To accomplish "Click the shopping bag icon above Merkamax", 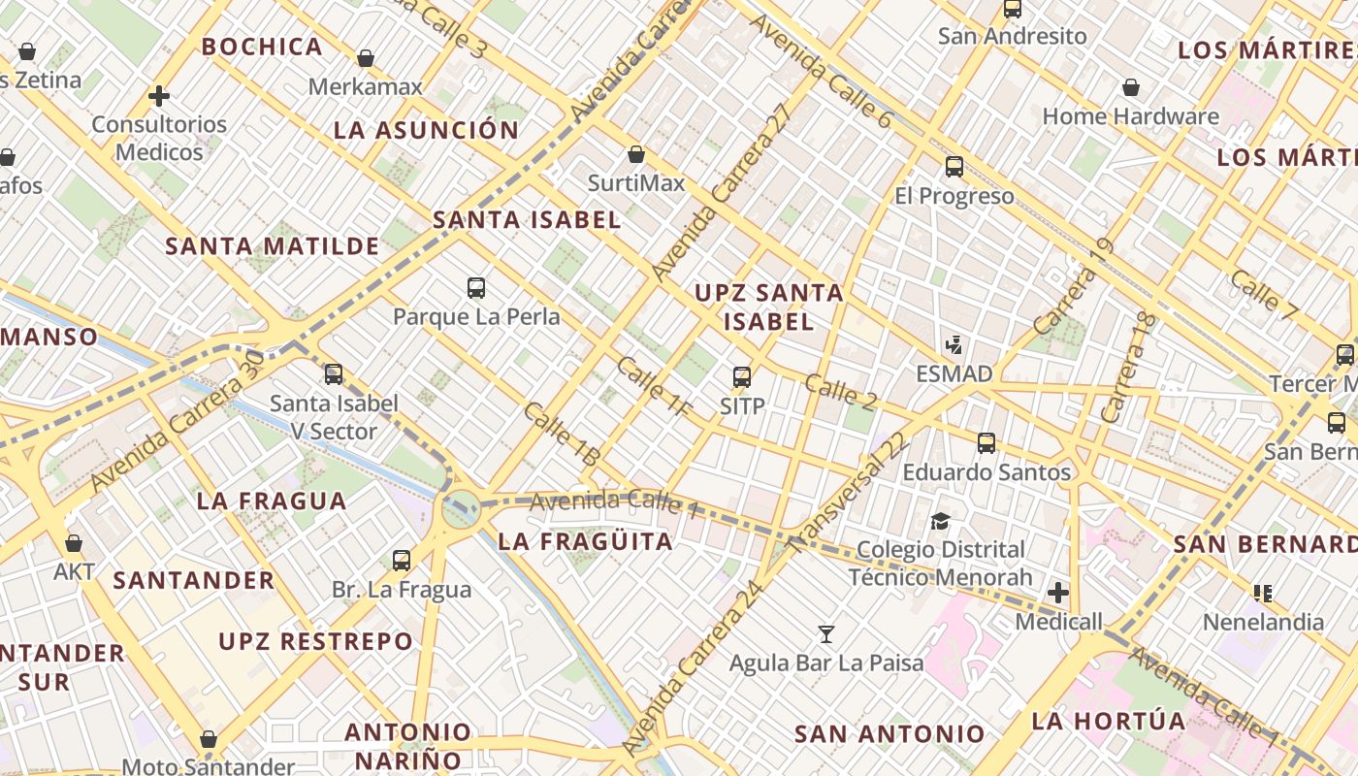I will pos(366,58).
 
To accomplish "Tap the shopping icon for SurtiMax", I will pos(636,154).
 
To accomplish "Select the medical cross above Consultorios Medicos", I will pos(159,96).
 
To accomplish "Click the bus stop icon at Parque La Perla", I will pos(476,287).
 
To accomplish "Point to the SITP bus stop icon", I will pos(742,376).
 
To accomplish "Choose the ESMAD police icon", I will pos(954,344).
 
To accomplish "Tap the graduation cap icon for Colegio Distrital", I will pos(940,522).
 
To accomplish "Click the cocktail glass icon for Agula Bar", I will pos(826,634).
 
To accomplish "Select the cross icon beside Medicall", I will pos(1058,592).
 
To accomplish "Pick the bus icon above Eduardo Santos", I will pos(986,443).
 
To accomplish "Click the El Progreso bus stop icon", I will pos(954,166).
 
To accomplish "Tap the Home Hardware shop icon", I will pos(1131,87).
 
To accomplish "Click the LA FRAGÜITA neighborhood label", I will pos(586,541).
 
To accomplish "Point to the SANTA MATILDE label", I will pos(273,246).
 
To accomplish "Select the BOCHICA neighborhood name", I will pos(262,47).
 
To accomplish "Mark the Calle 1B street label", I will pos(563,433).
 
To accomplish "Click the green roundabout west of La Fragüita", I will pos(460,506).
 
